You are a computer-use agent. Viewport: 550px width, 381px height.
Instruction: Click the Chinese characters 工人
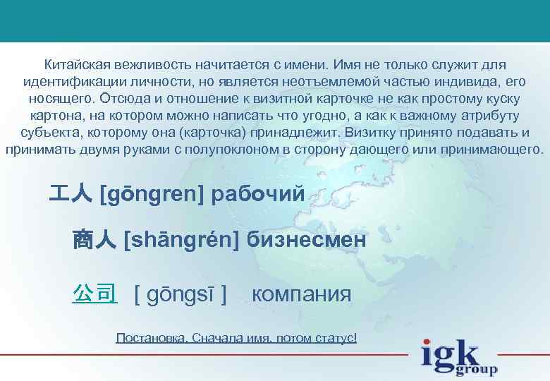pyautogui.click(x=70, y=193)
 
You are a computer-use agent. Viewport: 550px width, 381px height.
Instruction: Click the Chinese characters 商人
pyautogui.click(x=94, y=241)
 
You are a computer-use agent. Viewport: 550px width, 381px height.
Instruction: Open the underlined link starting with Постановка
pyautogui.click(x=236, y=338)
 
